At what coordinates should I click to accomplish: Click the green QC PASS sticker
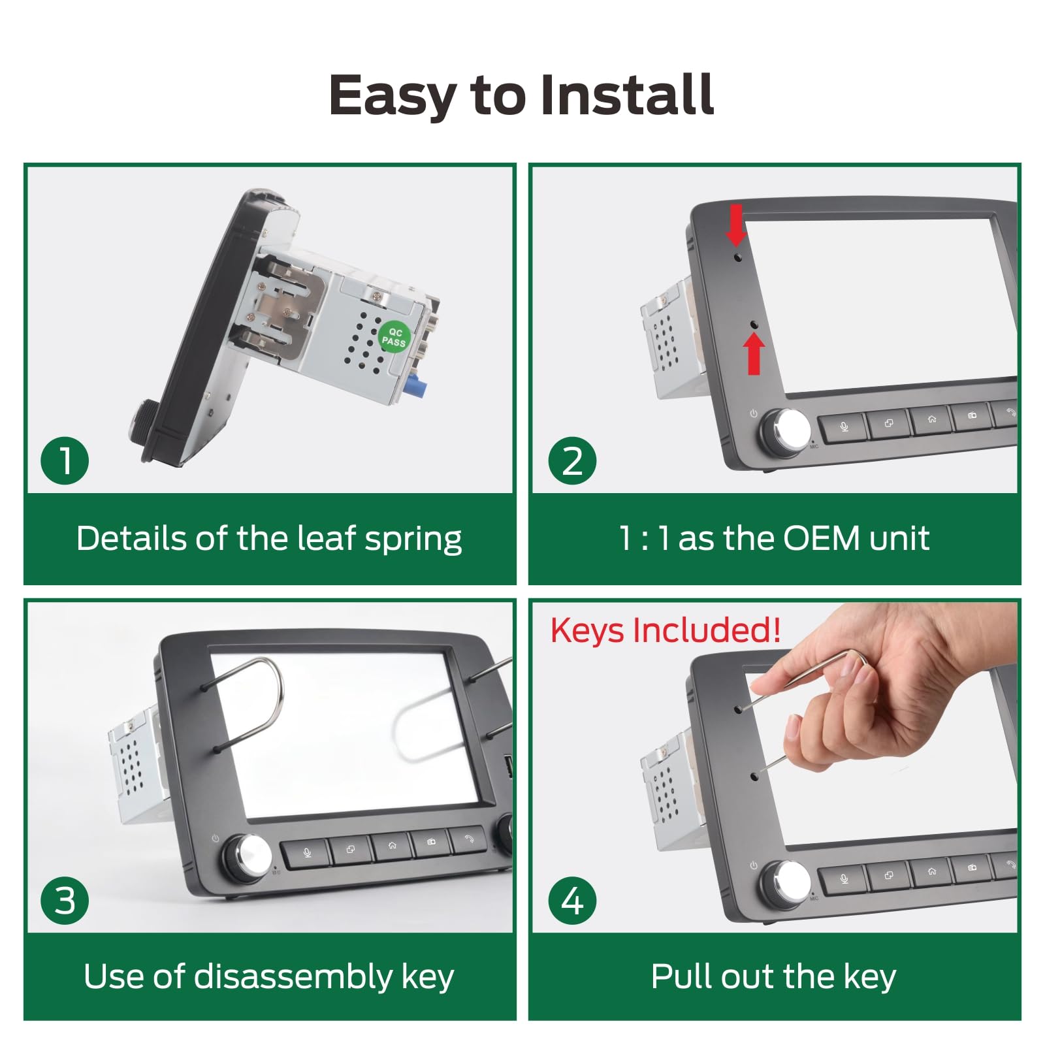click(x=394, y=337)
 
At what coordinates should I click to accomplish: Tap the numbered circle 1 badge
click(x=65, y=460)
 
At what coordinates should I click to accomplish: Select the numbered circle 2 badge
click(x=572, y=460)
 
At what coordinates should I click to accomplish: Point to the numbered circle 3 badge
click(x=65, y=900)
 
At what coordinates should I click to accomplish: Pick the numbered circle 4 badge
click(x=572, y=900)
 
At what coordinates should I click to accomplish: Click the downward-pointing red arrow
click(x=737, y=225)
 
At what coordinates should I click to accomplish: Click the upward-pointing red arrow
click(x=754, y=353)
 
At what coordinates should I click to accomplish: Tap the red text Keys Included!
click(x=665, y=630)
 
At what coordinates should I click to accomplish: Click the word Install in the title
click(x=627, y=95)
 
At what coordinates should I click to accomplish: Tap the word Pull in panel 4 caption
click(x=676, y=977)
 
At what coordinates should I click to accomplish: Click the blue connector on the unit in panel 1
click(x=413, y=389)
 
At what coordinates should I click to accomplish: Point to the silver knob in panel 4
click(x=786, y=884)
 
